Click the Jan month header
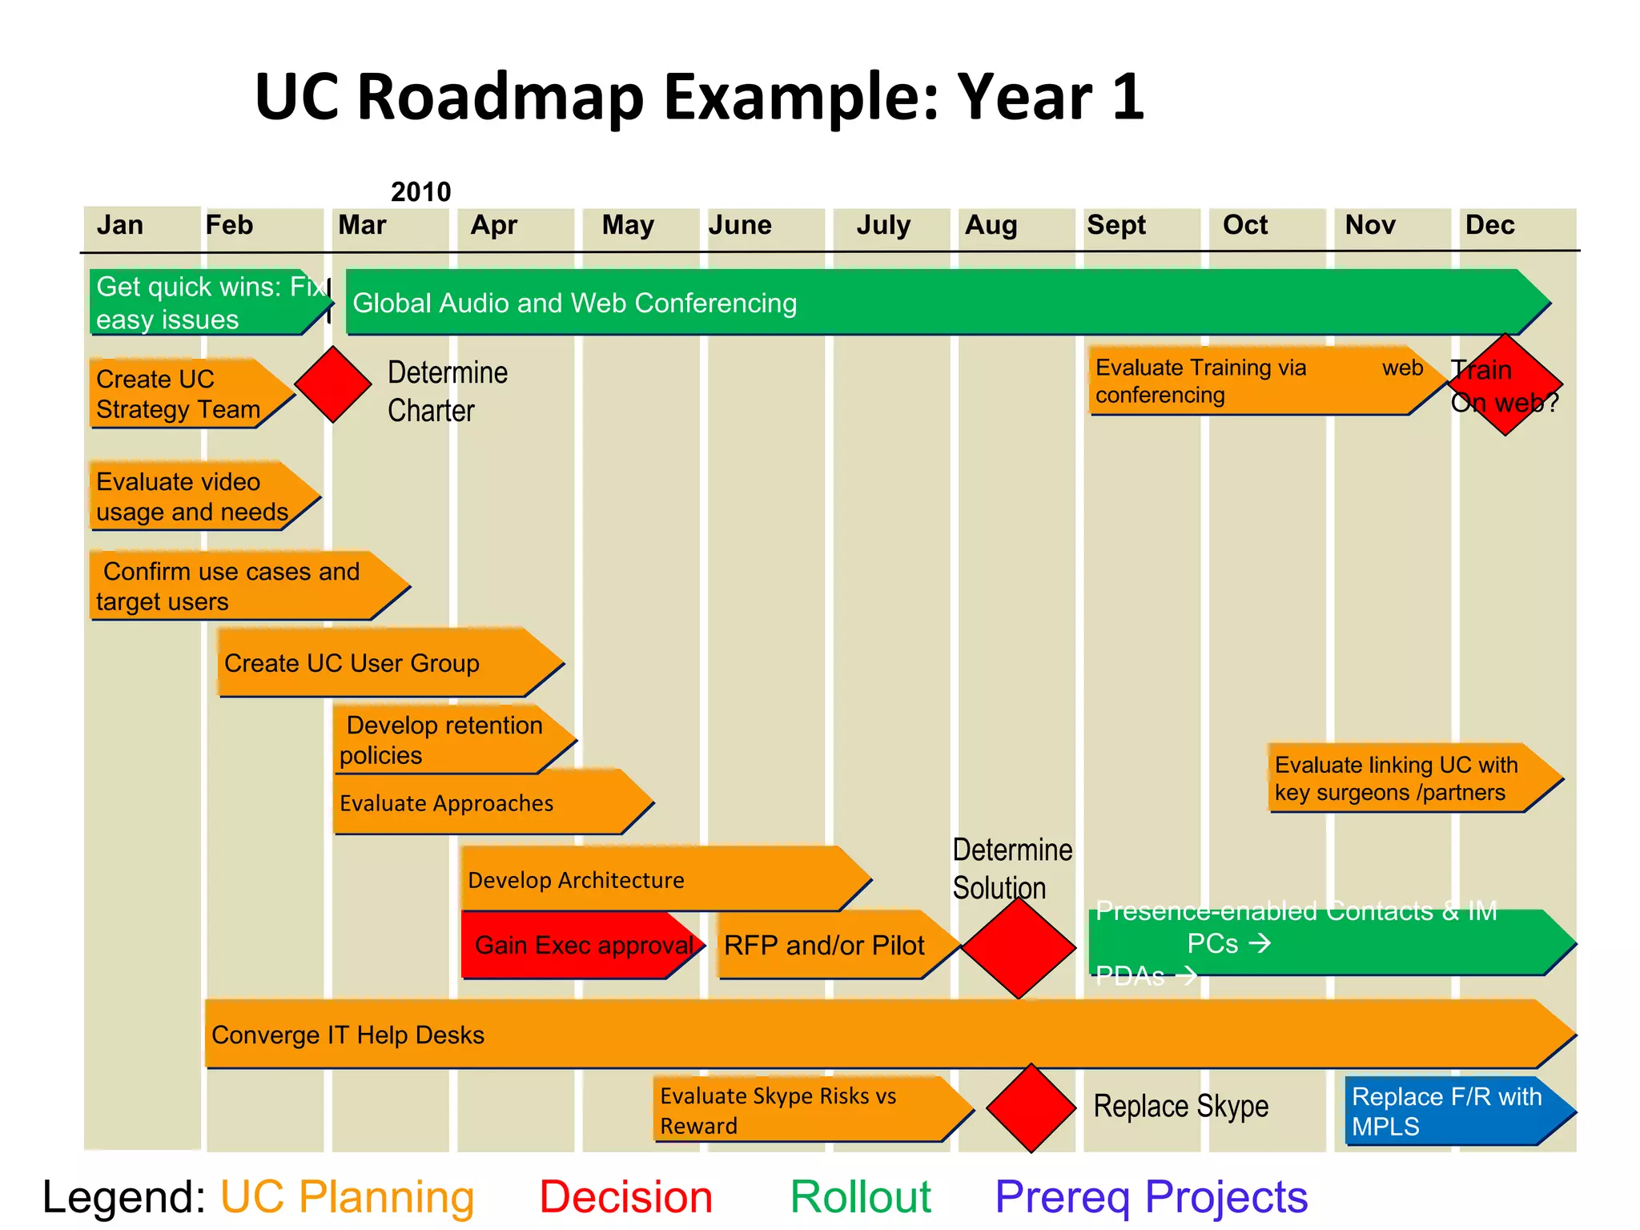pos(120,225)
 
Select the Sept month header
pos(1115,225)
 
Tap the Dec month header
pos(1489,225)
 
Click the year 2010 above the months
pos(420,192)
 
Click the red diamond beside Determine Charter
pos(333,384)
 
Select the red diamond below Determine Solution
pos(1018,947)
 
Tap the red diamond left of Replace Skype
pos(1031,1108)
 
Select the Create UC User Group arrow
pos(384,663)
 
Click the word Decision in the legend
pos(625,1197)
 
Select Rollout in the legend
pos(860,1197)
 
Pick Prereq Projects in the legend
pos(1151,1197)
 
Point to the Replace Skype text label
pos(1180,1107)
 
